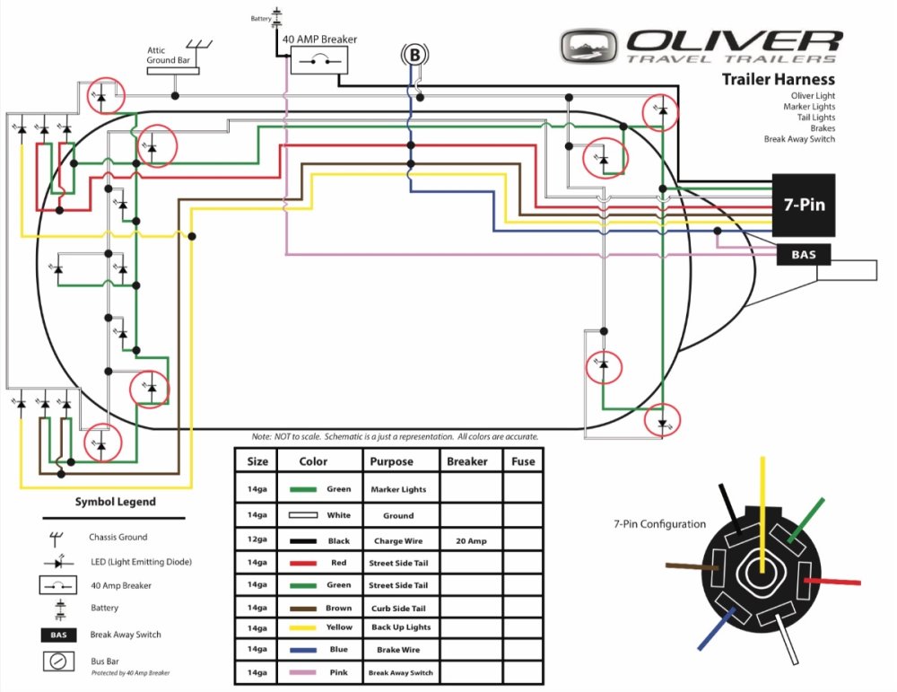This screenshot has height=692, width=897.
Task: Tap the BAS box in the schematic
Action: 804,256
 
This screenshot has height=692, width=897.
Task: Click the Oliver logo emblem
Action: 590,45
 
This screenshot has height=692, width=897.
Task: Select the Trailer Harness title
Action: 779,80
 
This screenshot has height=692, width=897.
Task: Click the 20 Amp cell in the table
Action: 466,540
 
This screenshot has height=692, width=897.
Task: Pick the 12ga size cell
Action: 257,540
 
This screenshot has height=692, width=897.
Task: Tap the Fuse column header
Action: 523,461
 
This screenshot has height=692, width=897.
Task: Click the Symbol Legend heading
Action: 115,502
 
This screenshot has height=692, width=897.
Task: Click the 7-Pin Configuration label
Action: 659,524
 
